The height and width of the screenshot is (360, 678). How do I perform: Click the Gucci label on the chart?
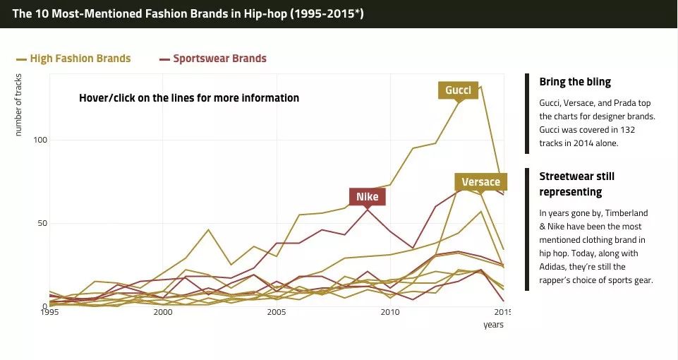tap(458, 90)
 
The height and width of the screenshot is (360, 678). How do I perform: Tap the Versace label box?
tap(480, 182)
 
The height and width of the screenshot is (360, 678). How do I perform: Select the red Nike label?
tap(367, 196)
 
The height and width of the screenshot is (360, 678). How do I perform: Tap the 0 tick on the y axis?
tap(43, 306)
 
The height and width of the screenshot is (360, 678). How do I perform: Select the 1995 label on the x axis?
tap(49, 312)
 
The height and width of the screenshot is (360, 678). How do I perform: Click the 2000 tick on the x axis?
tap(163, 312)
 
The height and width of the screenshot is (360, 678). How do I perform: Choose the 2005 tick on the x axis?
tap(276, 312)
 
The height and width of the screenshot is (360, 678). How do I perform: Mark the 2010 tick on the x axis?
tap(389, 312)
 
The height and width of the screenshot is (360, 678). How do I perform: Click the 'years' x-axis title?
tap(493, 325)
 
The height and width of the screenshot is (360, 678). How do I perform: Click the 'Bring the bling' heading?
tap(575, 82)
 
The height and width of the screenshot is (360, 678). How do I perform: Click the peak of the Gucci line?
tap(480, 86)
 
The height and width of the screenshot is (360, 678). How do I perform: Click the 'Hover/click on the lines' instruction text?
tap(189, 98)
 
